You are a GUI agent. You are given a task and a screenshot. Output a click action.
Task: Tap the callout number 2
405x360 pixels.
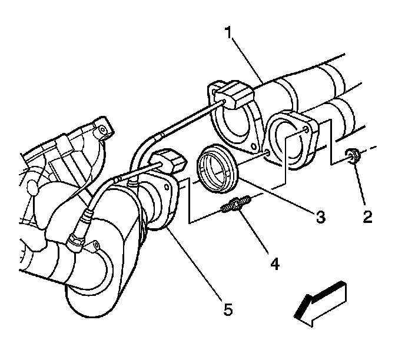click(367, 217)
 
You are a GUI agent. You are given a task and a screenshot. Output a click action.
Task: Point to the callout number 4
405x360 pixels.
click(274, 262)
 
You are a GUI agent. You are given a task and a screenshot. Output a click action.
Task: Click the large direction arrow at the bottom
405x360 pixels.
click(320, 302)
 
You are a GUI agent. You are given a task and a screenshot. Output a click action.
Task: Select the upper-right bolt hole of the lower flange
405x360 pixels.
click(304, 126)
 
